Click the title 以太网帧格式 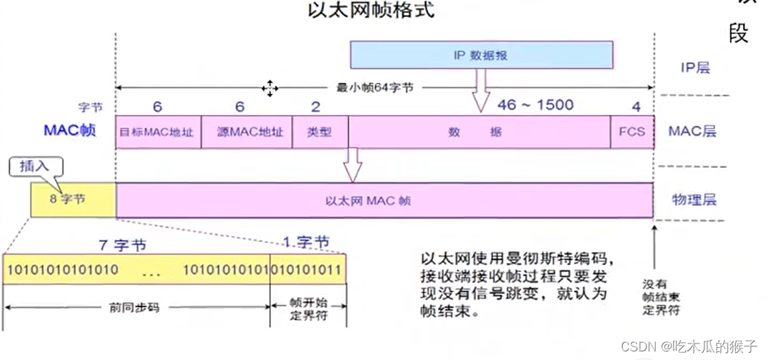370,11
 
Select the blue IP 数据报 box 481,55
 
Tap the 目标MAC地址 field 158,132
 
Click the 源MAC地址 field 246,132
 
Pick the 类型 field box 319,132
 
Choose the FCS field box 632,132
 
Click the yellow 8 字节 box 72,199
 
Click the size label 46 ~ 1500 534,105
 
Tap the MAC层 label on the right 692,131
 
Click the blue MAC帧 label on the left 69,131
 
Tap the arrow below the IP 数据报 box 481,90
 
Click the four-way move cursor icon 269,88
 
